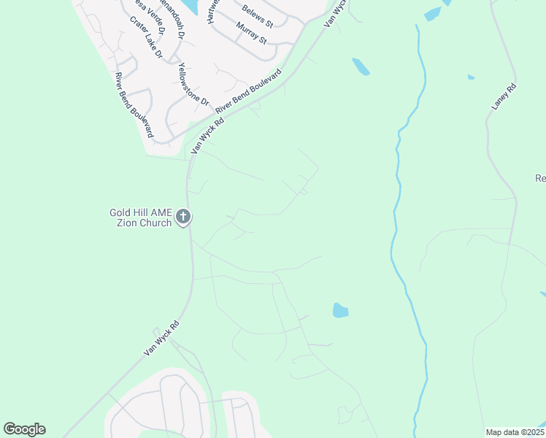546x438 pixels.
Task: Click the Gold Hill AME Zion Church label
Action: click(141, 218)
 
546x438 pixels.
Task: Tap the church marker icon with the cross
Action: click(183, 217)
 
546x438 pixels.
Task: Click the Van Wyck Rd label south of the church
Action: click(161, 339)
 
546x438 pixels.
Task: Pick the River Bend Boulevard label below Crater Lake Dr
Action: click(134, 105)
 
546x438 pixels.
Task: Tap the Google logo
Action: click(24, 429)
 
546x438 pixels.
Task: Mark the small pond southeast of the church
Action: click(340, 310)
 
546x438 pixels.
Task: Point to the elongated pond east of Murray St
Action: click(361, 66)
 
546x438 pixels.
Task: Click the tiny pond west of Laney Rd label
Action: click(471, 77)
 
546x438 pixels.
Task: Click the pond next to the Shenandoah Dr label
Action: click(189, 6)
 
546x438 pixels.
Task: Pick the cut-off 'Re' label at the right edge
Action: click(540, 178)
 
